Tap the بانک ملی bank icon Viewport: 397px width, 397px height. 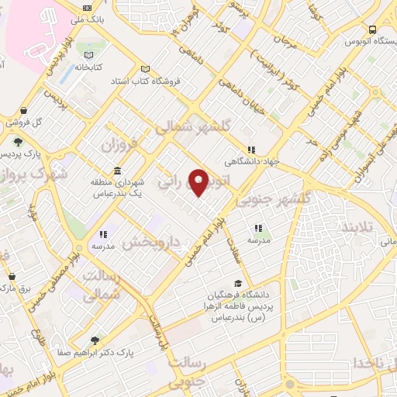click(86, 9)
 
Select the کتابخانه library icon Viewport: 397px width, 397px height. click(89, 55)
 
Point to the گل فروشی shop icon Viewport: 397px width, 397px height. click(26, 111)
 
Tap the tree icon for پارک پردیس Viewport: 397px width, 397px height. click(17, 142)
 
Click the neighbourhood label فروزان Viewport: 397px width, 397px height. click(122, 145)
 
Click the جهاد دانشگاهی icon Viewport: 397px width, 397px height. click(250, 150)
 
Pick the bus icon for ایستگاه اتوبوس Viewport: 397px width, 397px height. click(373, 29)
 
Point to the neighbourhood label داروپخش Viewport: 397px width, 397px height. click(151, 242)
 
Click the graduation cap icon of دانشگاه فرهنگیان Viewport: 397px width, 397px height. click(239, 284)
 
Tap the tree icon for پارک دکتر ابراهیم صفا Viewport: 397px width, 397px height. click(95, 340)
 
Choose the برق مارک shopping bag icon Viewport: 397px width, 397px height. click(11, 277)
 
